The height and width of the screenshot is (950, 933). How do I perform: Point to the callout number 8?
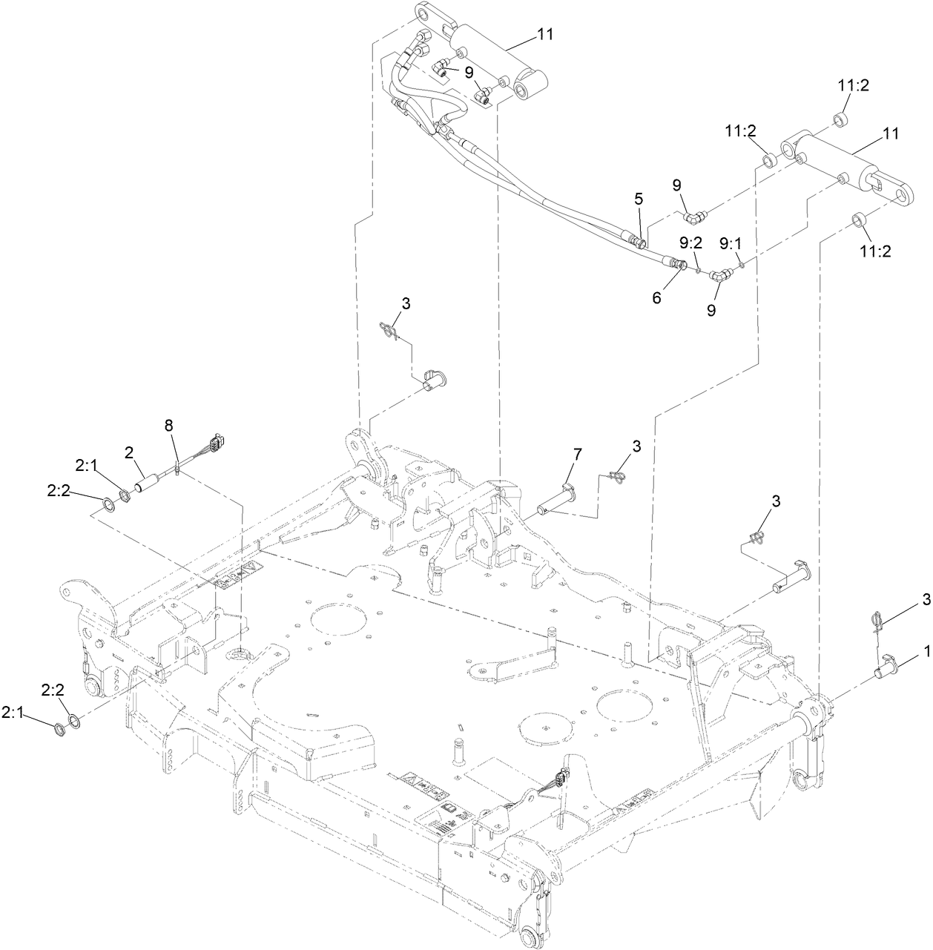[x=168, y=425]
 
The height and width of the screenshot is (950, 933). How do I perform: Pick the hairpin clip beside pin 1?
[x=877, y=619]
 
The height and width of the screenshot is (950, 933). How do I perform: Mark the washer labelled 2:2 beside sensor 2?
[x=109, y=506]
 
